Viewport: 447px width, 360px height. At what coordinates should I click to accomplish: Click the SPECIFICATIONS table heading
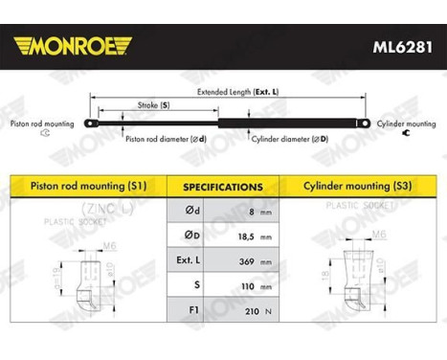(223, 188)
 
